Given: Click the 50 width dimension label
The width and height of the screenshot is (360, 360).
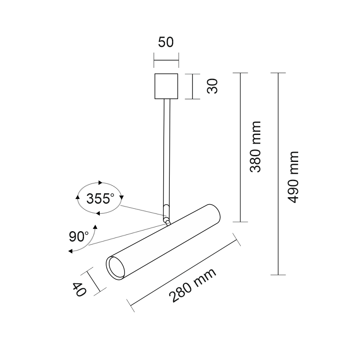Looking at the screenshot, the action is [x=166, y=42].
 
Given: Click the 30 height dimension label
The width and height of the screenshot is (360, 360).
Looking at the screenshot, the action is [x=212, y=86].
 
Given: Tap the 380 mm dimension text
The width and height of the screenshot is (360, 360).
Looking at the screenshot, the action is [x=255, y=147].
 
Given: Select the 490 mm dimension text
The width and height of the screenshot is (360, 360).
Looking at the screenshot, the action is [x=293, y=177].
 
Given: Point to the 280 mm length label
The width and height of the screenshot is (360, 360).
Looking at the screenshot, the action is [x=192, y=285].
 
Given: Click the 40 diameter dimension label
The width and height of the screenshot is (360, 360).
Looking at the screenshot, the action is [x=79, y=289].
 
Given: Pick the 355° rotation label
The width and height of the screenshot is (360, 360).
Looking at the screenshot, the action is [x=100, y=199].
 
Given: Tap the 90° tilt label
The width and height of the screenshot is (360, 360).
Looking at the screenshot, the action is [x=79, y=236].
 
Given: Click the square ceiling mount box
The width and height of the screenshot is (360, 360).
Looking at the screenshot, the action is [x=166, y=86].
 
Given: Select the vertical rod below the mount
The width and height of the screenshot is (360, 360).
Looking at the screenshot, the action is [x=167, y=152].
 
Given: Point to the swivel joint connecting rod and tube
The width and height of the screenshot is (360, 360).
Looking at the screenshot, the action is [x=167, y=220].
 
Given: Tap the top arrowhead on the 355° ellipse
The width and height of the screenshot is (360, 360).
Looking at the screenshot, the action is [x=100, y=183].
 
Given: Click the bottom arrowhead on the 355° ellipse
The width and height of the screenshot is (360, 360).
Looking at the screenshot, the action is [x=98, y=213].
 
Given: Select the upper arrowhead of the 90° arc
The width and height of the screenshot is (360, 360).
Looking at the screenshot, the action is [x=95, y=227].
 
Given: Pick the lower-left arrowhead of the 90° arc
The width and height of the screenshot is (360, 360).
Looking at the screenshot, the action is [x=71, y=251].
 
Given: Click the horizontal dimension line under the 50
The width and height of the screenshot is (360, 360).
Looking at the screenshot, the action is [x=166, y=61].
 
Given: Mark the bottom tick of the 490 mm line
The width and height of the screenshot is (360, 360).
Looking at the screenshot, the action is [x=278, y=275].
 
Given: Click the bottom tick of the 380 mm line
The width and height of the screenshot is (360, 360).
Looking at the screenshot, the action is [x=240, y=222].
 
